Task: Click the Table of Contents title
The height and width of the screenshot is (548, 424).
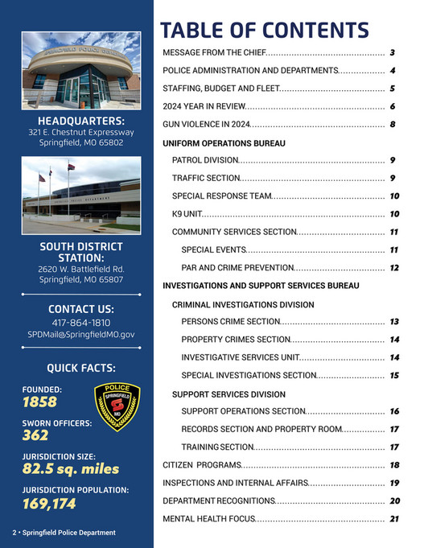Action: tap(264, 30)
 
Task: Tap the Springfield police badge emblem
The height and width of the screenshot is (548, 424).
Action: tap(117, 406)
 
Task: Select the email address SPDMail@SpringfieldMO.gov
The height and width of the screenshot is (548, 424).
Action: tap(80, 333)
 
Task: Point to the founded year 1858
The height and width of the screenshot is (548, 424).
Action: tap(40, 402)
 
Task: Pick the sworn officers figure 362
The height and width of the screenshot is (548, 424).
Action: tap(35, 435)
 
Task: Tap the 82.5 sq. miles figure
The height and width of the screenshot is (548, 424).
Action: tap(70, 468)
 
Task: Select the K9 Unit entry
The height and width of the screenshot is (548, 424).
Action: tap(185, 214)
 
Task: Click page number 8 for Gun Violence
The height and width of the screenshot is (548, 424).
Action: tap(393, 124)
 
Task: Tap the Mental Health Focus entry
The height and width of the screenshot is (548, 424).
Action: tap(209, 519)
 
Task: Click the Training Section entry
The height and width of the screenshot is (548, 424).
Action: tap(217, 447)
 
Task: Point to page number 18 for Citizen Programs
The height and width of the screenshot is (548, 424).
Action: tap(394, 465)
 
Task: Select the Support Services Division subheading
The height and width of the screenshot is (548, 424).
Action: tap(228, 394)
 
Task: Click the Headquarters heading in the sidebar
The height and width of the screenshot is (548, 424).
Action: tap(80, 121)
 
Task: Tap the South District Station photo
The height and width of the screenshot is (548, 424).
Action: tap(80, 194)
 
